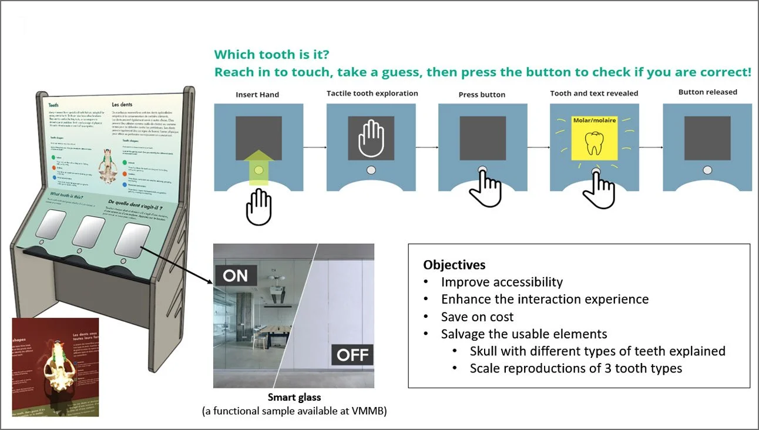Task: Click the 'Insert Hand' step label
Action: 257,95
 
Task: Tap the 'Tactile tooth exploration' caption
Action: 372,93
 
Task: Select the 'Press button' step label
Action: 482,95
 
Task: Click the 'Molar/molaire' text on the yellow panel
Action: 595,120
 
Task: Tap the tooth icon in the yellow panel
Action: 595,143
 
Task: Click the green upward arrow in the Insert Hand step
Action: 258,168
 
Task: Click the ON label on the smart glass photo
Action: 236,276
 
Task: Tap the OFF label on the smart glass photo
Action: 352,355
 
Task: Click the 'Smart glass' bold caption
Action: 294,398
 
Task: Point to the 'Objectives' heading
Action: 454,265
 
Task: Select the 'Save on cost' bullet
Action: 477,317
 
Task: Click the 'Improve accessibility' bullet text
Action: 502,282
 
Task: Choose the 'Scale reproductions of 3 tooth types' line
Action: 576,369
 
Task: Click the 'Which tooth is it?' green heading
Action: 271,55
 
